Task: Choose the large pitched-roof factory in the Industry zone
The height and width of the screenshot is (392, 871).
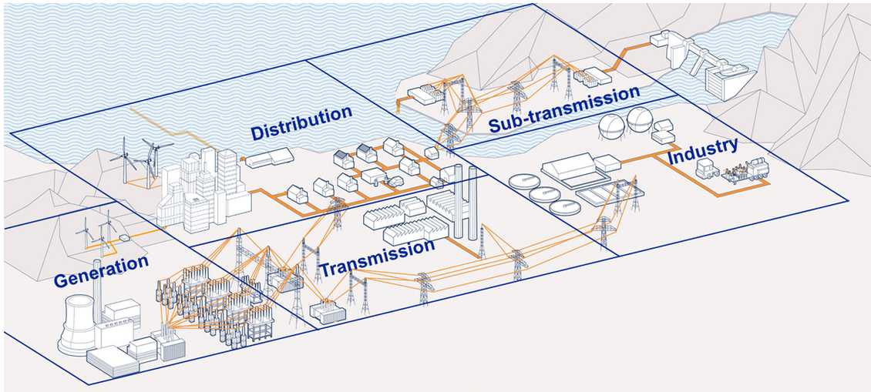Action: [x=570, y=166]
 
